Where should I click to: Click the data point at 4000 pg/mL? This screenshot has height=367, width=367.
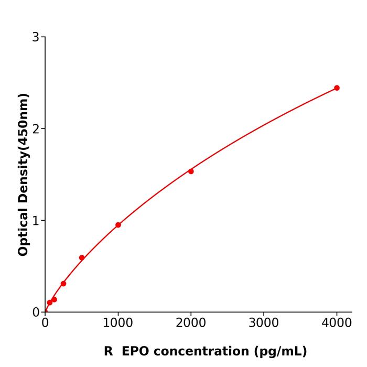(x=337, y=88)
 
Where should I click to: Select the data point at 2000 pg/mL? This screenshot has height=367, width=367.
(x=191, y=171)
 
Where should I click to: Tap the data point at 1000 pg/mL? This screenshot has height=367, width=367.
(x=118, y=225)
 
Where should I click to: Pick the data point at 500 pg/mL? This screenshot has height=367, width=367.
(x=82, y=258)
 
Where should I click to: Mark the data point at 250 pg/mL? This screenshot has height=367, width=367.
(x=63, y=284)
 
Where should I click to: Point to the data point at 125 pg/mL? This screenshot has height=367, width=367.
(x=54, y=300)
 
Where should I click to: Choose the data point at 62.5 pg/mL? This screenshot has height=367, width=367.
(x=50, y=303)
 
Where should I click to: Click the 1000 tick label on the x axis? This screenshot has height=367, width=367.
(x=118, y=322)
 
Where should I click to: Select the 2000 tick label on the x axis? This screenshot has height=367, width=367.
(x=191, y=322)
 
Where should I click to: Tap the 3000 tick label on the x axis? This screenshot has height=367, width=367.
(x=264, y=322)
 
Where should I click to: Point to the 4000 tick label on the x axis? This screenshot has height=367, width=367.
(x=337, y=322)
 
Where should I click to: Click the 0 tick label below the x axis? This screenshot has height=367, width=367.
(x=45, y=322)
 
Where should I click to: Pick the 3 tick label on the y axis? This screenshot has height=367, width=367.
(x=36, y=37)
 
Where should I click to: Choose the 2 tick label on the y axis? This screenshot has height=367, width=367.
(x=36, y=129)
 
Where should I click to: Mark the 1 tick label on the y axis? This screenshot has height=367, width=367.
(x=36, y=221)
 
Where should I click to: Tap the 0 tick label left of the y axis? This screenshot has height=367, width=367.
(x=36, y=312)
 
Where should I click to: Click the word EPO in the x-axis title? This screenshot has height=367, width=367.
(x=136, y=351)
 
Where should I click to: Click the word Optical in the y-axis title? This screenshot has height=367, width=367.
(x=23, y=232)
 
